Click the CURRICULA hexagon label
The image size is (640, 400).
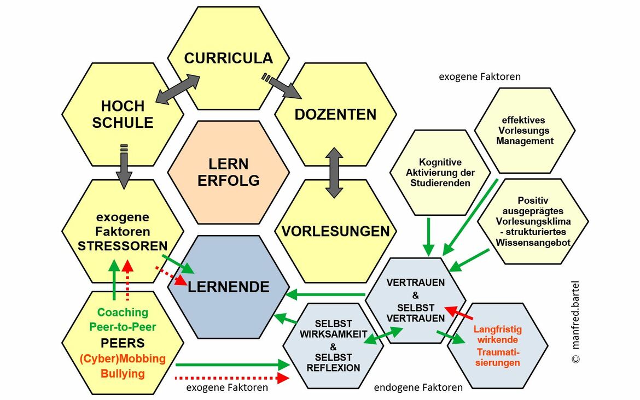(x=228, y=58)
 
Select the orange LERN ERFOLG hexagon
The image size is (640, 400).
(x=228, y=172)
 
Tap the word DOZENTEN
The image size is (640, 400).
(x=335, y=115)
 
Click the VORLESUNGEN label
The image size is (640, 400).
(x=335, y=231)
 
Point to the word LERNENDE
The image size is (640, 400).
(x=228, y=286)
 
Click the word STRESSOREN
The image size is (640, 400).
(x=122, y=246)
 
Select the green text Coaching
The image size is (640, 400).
(x=123, y=313)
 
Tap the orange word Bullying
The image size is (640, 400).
(x=123, y=374)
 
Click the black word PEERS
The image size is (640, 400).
(x=123, y=343)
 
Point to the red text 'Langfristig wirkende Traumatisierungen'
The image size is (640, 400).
(x=497, y=346)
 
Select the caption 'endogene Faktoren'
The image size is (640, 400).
(x=418, y=387)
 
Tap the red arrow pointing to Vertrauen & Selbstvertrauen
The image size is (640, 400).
(x=459, y=314)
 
